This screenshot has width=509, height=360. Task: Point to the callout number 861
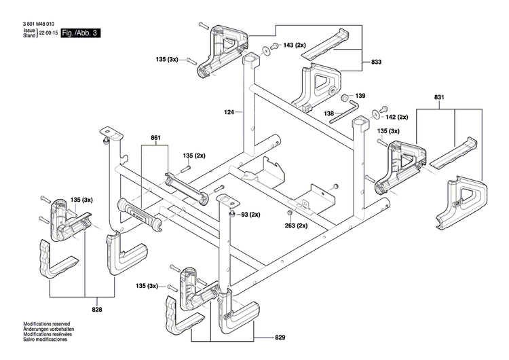(x=155, y=138)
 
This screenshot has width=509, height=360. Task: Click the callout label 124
(x=228, y=111)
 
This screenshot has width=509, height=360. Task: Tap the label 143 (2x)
(x=297, y=46)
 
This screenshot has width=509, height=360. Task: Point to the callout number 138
(x=328, y=113)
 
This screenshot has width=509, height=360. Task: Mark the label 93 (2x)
(x=250, y=215)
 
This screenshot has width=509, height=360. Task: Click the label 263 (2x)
(x=297, y=226)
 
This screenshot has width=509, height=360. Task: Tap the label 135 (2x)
(x=194, y=156)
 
